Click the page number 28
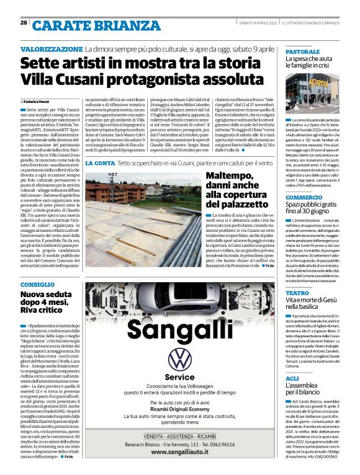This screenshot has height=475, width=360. click(24, 22)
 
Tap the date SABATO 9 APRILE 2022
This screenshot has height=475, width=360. click(257, 23)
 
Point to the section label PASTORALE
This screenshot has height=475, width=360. click(302, 51)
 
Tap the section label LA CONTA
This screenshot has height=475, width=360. click(100, 162)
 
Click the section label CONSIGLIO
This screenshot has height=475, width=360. click(37, 283)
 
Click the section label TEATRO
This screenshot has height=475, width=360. click(297, 293)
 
